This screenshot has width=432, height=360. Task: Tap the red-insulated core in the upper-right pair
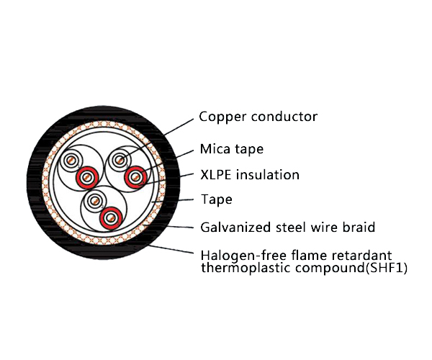click(135, 176)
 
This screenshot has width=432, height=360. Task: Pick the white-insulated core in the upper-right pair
click(120, 161)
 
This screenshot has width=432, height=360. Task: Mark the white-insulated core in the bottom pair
click(94, 202)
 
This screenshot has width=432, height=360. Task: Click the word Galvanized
click(234, 228)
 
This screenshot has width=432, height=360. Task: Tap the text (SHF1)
click(387, 268)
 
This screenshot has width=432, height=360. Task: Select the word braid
click(359, 228)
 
